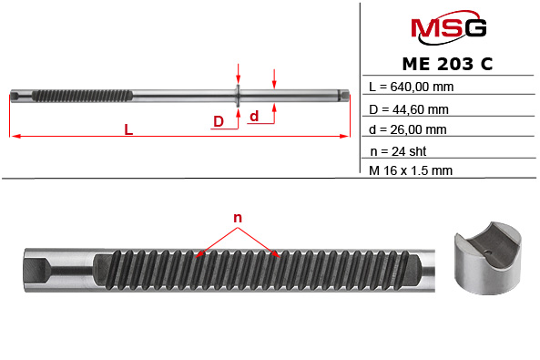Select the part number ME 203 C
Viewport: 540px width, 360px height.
pyautogui.click(x=448, y=65)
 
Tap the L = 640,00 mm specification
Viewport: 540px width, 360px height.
pyautogui.click(x=410, y=87)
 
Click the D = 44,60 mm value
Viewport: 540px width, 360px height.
pyautogui.click(x=409, y=108)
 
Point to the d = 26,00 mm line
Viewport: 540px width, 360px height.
pyautogui.click(x=409, y=129)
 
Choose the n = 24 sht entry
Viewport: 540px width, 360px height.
pyautogui.click(x=398, y=150)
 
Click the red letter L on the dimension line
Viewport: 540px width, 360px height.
pyautogui.click(x=128, y=130)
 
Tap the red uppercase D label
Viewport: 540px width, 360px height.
pyautogui.click(x=219, y=121)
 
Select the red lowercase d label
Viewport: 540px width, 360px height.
pyautogui.click(x=254, y=116)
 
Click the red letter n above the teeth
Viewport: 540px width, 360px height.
pyautogui.click(x=238, y=218)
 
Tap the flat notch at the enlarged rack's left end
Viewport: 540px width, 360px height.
pyautogui.click(x=41, y=271)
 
